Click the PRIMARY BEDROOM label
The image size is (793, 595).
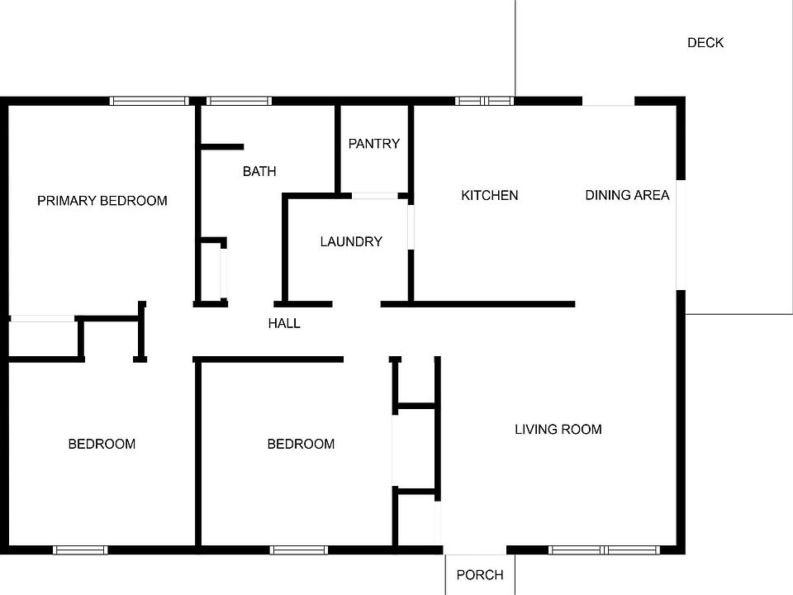[102, 201]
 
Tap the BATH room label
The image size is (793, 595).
[259, 172]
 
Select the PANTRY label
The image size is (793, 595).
[373, 144]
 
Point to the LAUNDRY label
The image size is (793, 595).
[351, 242]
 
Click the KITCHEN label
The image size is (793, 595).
[490, 196]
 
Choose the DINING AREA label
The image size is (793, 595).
[627, 196]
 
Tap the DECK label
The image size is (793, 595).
[705, 43]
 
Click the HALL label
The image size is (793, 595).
[284, 324]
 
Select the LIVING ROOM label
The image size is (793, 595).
[558, 430]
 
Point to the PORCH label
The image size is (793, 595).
[480, 575]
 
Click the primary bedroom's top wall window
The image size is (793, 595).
[150, 101]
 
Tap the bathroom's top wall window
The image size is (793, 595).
[239, 101]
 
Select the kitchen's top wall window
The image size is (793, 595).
[485, 101]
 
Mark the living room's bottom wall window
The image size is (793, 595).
[604, 550]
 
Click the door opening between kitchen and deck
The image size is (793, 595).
[609, 101]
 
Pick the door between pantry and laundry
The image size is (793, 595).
[375, 196]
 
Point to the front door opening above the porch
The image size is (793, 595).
[475, 550]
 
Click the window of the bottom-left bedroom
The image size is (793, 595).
[80, 550]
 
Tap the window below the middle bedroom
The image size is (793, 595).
[299, 550]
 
